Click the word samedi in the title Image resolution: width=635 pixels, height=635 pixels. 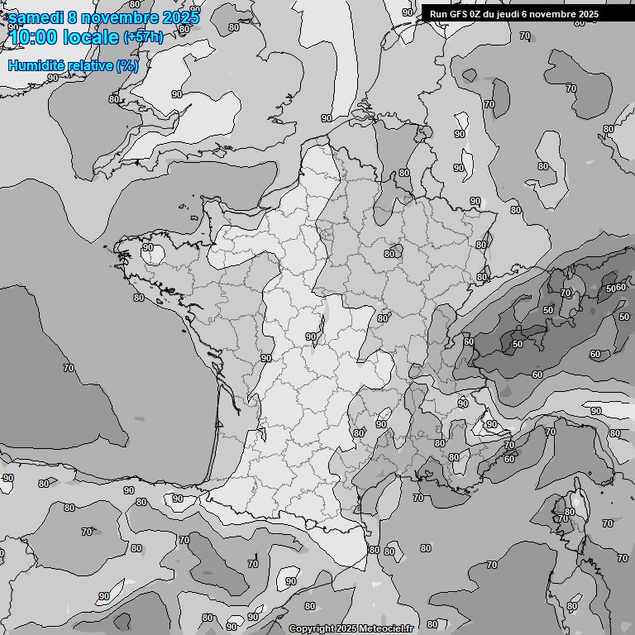coord(38,17)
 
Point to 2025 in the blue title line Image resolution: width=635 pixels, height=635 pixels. coord(181,17)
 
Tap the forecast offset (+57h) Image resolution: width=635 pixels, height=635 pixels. coord(144,37)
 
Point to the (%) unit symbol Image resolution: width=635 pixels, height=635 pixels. coord(127,65)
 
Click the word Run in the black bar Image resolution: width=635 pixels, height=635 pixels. coord(438,14)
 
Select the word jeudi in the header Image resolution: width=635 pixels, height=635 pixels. coord(513,14)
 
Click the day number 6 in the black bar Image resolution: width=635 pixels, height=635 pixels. coord(531,14)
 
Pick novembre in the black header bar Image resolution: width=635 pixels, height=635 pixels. coord(556,14)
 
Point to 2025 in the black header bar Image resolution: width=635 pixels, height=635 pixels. coord(588,14)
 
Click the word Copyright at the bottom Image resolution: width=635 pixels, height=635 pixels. coord(311,629)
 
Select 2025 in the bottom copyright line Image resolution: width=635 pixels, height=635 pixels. coord(346,629)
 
